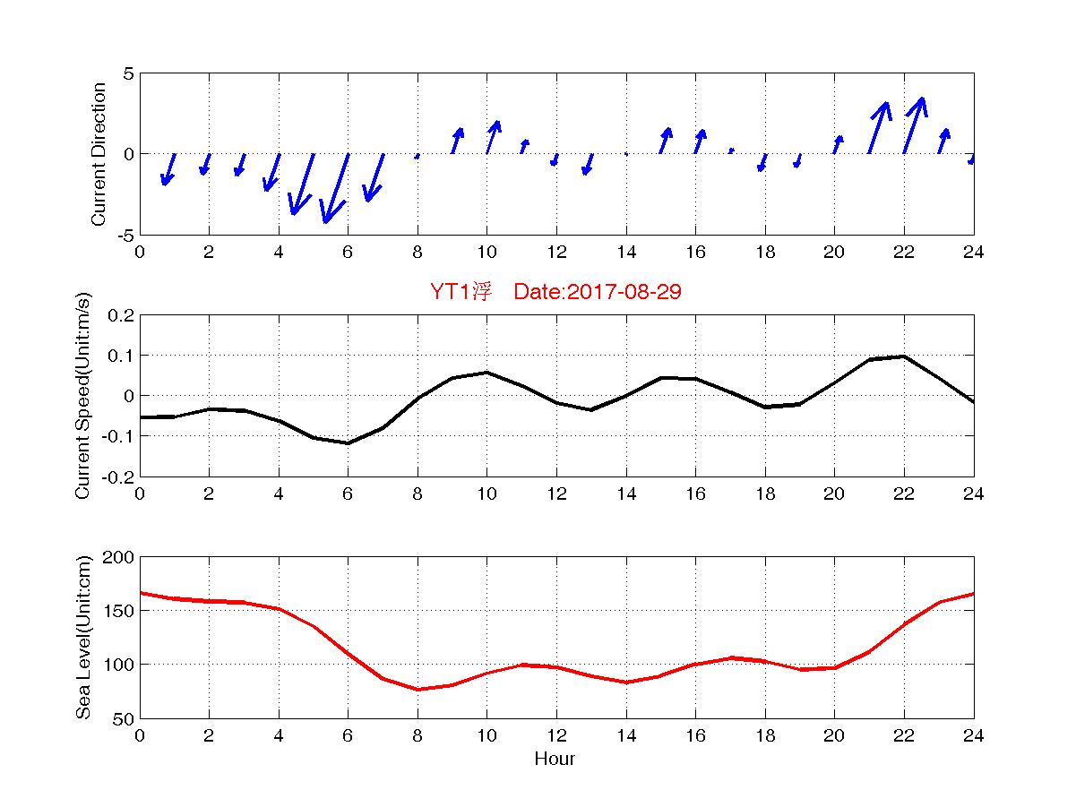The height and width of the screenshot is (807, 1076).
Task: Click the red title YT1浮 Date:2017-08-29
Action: (x=556, y=292)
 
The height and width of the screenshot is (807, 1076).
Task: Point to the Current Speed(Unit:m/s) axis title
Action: (x=83, y=396)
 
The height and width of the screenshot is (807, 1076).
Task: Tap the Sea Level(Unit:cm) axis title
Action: (x=83, y=638)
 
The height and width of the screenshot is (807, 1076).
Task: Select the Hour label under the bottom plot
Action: (x=555, y=760)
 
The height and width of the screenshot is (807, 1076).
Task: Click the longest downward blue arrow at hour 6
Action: (x=336, y=188)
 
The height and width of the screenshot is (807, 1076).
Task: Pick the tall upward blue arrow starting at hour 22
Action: (x=915, y=125)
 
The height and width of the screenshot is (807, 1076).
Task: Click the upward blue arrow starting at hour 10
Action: (x=493, y=137)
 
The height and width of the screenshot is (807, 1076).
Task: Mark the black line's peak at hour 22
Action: (x=904, y=356)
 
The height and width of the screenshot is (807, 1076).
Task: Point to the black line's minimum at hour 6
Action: (x=348, y=443)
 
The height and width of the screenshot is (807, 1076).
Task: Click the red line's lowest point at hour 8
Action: (x=417, y=690)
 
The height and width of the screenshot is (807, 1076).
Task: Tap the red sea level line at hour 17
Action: (x=731, y=657)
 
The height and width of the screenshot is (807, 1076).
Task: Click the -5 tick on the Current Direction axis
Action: (x=124, y=236)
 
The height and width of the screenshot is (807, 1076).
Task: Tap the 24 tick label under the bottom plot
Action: (x=973, y=736)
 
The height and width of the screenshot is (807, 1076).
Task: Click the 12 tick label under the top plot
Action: (x=556, y=253)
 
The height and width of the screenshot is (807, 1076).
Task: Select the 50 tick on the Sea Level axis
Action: (x=124, y=718)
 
